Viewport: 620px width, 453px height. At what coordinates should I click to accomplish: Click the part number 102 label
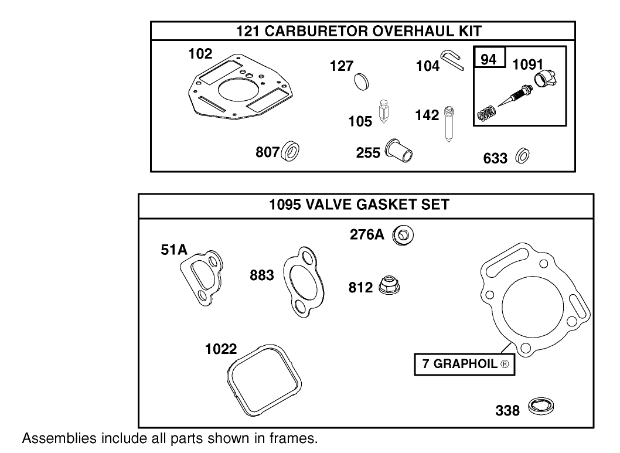point(200,54)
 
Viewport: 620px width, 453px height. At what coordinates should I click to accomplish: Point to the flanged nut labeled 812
point(389,285)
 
